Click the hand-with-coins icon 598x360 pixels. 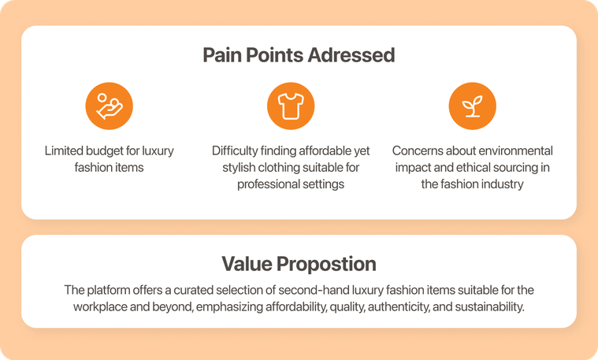click(109, 106)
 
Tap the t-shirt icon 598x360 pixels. click(291, 106)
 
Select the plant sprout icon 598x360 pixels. click(472, 106)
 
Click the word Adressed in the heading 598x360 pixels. click(351, 55)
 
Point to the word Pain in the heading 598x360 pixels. click(222, 55)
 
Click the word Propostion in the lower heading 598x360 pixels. click(326, 264)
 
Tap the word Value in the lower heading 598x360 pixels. click(247, 264)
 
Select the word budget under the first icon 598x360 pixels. click(105, 151)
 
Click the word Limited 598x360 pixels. click(64, 150)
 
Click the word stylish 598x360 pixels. click(239, 168)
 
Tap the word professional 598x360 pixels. click(263, 184)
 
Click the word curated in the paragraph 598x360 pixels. click(191, 290)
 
